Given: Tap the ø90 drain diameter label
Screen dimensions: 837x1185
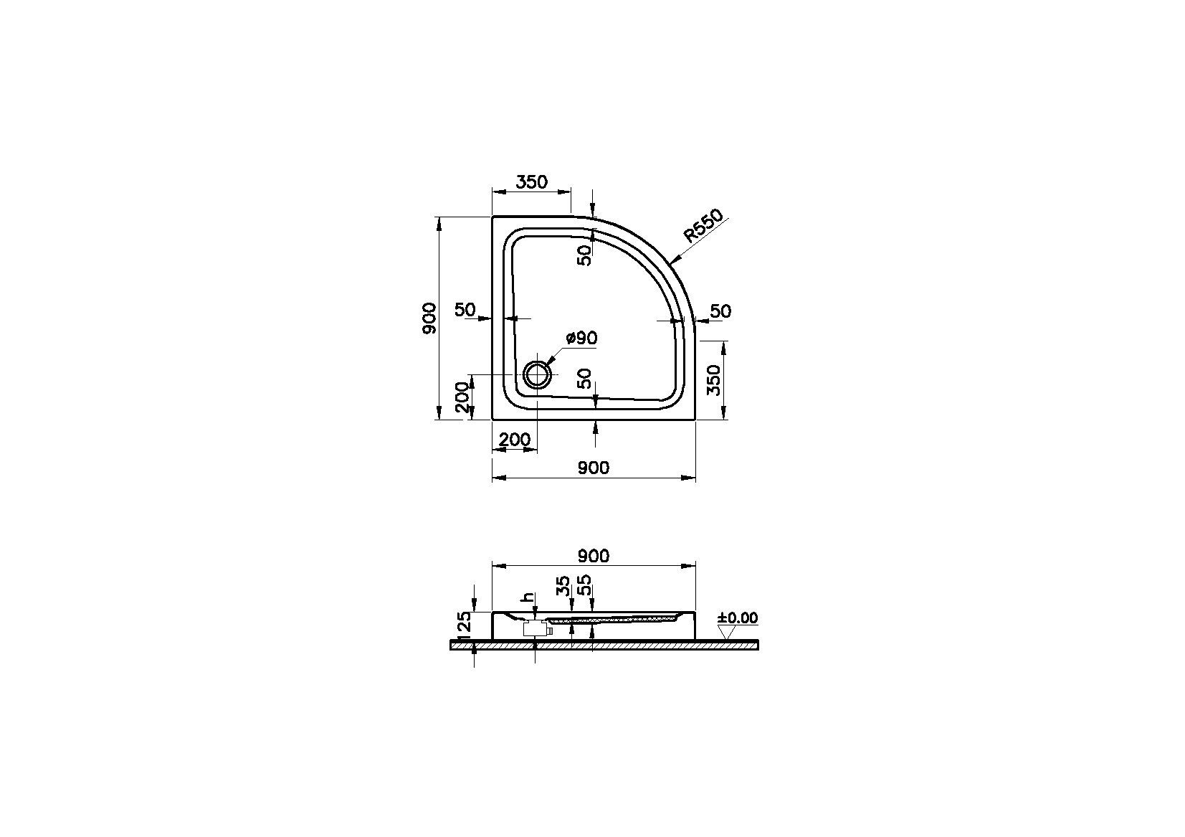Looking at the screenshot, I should [x=581, y=338].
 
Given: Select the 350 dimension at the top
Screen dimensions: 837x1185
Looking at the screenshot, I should [x=531, y=182].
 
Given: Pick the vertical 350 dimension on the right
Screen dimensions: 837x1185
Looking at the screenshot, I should [x=713, y=380].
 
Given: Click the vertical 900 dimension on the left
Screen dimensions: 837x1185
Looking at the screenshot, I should [x=429, y=318].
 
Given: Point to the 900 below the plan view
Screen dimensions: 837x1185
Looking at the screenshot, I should [x=593, y=468].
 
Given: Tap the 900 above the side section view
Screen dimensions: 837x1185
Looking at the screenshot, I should [x=593, y=556].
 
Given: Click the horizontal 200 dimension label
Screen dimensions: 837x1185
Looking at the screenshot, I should [x=514, y=440].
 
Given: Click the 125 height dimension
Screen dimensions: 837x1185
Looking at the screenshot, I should [x=463, y=625].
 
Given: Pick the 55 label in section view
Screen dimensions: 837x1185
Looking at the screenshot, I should [x=584, y=585].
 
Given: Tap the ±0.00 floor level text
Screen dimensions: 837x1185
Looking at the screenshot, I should [x=738, y=618].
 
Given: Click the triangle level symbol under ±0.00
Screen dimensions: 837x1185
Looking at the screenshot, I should [x=728, y=632].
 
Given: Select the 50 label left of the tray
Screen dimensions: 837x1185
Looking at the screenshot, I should [x=465, y=310].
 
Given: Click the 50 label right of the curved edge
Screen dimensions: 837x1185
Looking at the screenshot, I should [x=720, y=311].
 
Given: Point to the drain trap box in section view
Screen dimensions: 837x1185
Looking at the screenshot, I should [x=534, y=629].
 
